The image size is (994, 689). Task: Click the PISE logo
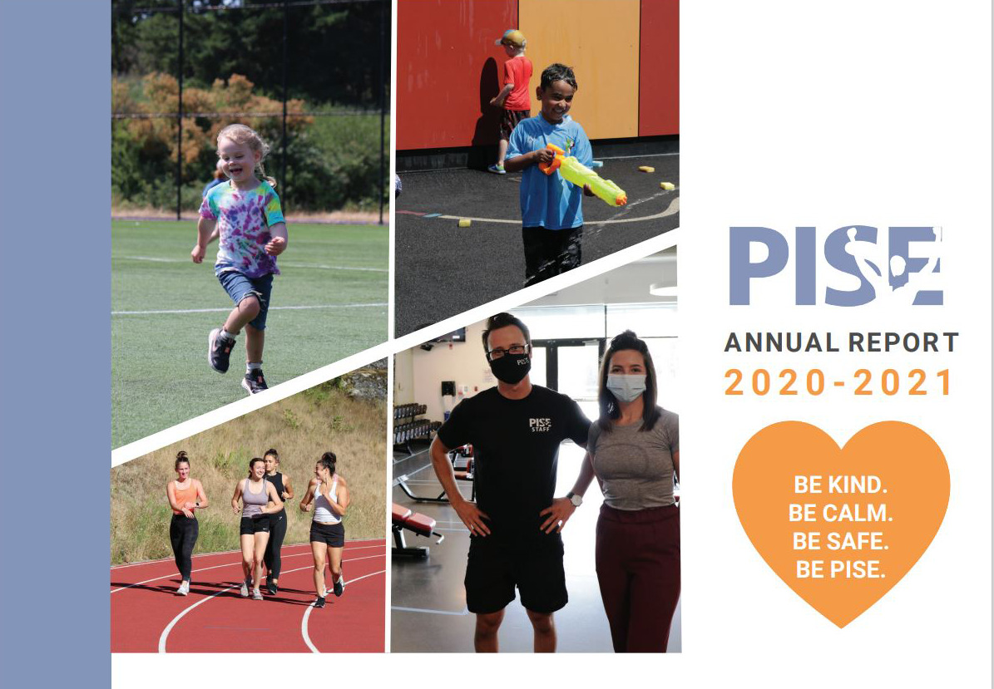pyautogui.click(x=835, y=266)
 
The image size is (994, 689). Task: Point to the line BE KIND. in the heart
pyautogui.click(x=840, y=485)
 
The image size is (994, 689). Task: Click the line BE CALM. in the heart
pyautogui.click(x=841, y=513)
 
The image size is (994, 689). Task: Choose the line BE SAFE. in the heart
pyautogui.click(x=841, y=541)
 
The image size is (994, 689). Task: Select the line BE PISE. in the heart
pyautogui.click(x=840, y=568)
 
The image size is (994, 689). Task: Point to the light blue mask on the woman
pyautogui.click(x=626, y=387)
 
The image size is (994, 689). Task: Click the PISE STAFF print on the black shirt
pyautogui.click(x=540, y=425)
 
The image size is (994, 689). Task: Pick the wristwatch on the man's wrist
pyautogui.click(x=575, y=500)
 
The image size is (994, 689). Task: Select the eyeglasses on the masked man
pyautogui.click(x=507, y=350)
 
